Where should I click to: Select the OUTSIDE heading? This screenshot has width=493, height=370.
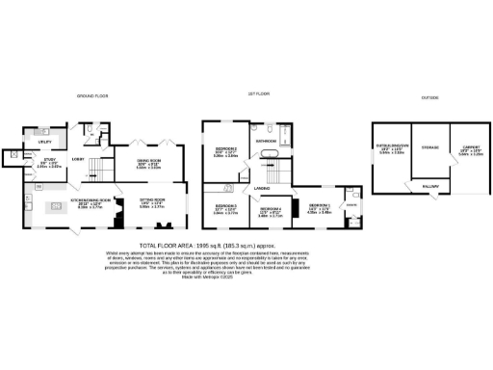coord(429,97)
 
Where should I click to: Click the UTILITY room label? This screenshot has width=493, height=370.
coord(43,142)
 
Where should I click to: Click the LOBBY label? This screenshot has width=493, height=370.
coord(78,158)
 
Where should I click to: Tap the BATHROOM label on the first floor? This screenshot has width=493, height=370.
coord(267,141)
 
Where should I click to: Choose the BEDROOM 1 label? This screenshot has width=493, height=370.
coord(320,206)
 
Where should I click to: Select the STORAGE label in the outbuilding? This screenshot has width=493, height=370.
coord(428,147)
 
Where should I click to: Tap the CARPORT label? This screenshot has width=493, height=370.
coord(471,147)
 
